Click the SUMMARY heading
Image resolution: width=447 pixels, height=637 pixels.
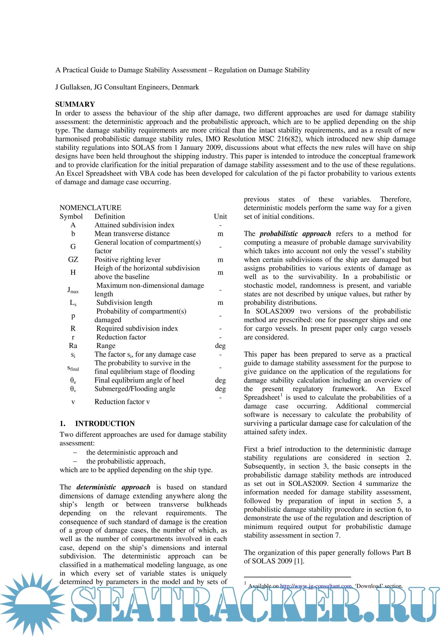point(75,104)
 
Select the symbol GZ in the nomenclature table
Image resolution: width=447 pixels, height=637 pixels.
point(73,260)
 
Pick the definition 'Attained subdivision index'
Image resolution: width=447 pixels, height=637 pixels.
point(135,225)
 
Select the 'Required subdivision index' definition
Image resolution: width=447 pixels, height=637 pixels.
point(137,328)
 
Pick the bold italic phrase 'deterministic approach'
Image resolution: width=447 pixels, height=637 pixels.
point(113,487)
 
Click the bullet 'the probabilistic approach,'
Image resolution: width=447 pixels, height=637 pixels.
point(126,461)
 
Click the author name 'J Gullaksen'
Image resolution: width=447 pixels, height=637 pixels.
point(73,87)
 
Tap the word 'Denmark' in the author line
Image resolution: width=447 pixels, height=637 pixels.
point(185,87)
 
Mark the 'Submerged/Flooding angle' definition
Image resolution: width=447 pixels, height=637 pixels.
point(135,389)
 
